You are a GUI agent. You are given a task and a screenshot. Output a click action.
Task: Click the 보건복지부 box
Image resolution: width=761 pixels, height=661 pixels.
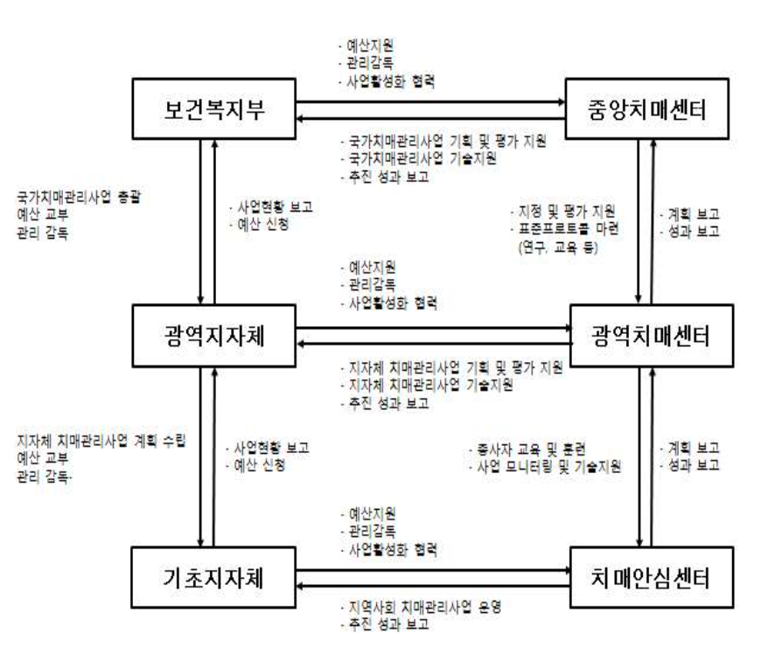click(x=215, y=108)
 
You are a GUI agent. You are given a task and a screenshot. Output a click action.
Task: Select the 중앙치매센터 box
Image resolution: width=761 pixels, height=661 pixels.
click(x=635, y=108)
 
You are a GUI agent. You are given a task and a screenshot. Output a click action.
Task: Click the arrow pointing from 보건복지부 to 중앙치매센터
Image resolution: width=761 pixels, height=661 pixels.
click(x=429, y=102)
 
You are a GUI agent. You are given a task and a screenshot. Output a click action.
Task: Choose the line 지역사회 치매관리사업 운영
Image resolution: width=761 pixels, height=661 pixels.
click(x=423, y=608)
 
